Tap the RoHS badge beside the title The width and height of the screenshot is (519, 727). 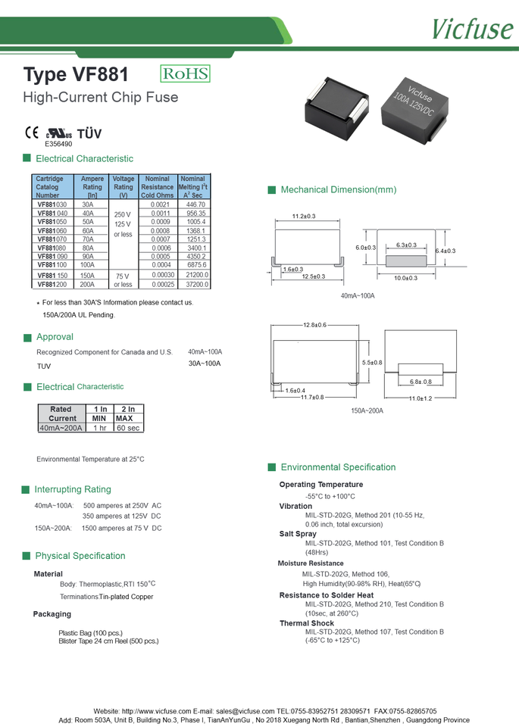click(185, 74)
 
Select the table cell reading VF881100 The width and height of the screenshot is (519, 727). click(52, 265)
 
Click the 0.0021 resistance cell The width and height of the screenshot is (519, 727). click(160, 204)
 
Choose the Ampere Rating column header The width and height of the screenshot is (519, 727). click(92, 186)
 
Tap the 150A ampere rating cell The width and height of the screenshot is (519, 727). click(89, 276)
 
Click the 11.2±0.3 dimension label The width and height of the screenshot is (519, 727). click(304, 217)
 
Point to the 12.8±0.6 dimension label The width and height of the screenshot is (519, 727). click(314, 325)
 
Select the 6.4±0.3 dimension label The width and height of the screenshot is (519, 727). click(445, 251)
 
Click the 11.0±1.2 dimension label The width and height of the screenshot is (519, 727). click(421, 398)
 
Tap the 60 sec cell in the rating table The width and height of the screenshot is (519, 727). click(128, 428)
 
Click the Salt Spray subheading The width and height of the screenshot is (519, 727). click(298, 534)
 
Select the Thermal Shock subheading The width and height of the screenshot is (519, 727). click(306, 623)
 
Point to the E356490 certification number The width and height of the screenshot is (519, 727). click(58, 144)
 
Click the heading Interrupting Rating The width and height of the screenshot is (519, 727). click(73, 489)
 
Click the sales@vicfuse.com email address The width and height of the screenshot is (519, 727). click(245, 711)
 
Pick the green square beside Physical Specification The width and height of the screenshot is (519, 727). click(27, 556)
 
